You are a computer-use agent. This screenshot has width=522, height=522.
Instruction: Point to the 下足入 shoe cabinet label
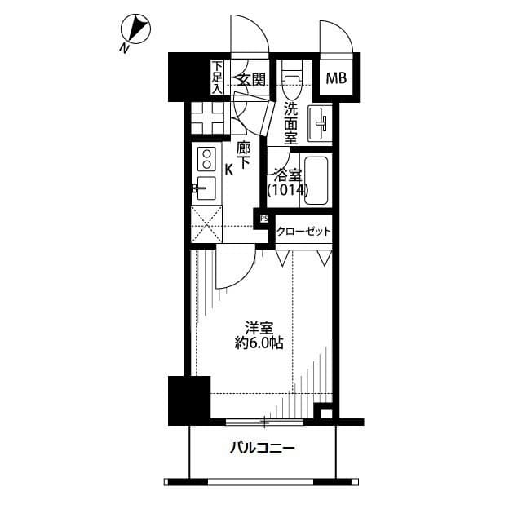pos(217,78)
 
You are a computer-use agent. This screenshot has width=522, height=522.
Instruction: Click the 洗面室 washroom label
pos(290,122)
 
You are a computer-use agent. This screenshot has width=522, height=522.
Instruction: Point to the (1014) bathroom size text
pos(287,190)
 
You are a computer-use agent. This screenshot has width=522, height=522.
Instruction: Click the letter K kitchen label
pos(229,170)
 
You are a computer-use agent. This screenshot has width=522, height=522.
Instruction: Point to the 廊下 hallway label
pos(243,156)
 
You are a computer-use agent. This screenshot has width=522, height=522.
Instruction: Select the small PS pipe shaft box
pos(263,219)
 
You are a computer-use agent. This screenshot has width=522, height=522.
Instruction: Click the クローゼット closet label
pos(303,232)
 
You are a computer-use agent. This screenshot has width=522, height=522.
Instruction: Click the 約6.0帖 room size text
pos(261,344)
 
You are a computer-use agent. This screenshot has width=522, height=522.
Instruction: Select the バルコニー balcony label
pos(261,448)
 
